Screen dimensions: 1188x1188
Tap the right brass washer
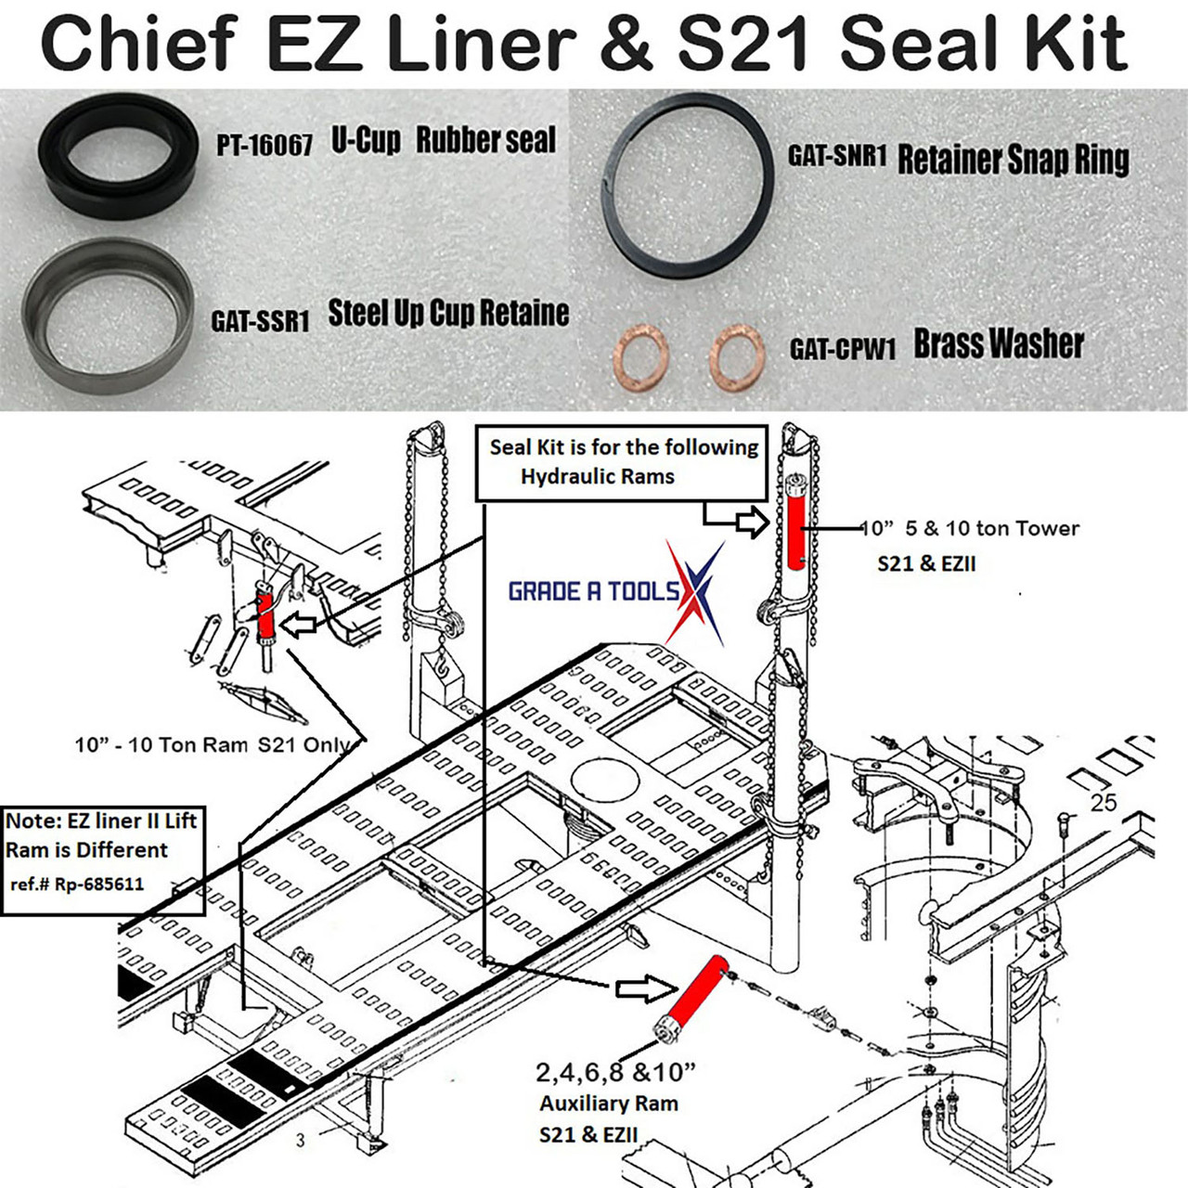(x=737, y=355)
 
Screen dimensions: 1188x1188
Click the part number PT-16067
(x=265, y=146)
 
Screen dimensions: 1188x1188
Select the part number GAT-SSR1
(x=260, y=321)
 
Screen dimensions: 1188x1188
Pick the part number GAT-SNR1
(x=837, y=155)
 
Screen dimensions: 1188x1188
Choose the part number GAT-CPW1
(x=843, y=349)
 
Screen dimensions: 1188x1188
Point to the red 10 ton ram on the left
(x=267, y=616)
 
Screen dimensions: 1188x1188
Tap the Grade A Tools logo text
(x=594, y=591)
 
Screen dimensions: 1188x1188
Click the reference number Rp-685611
(x=99, y=885)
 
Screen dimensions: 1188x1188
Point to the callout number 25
(x=1103, y=803)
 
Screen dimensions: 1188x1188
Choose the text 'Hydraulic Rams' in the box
(x=598, y=477)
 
